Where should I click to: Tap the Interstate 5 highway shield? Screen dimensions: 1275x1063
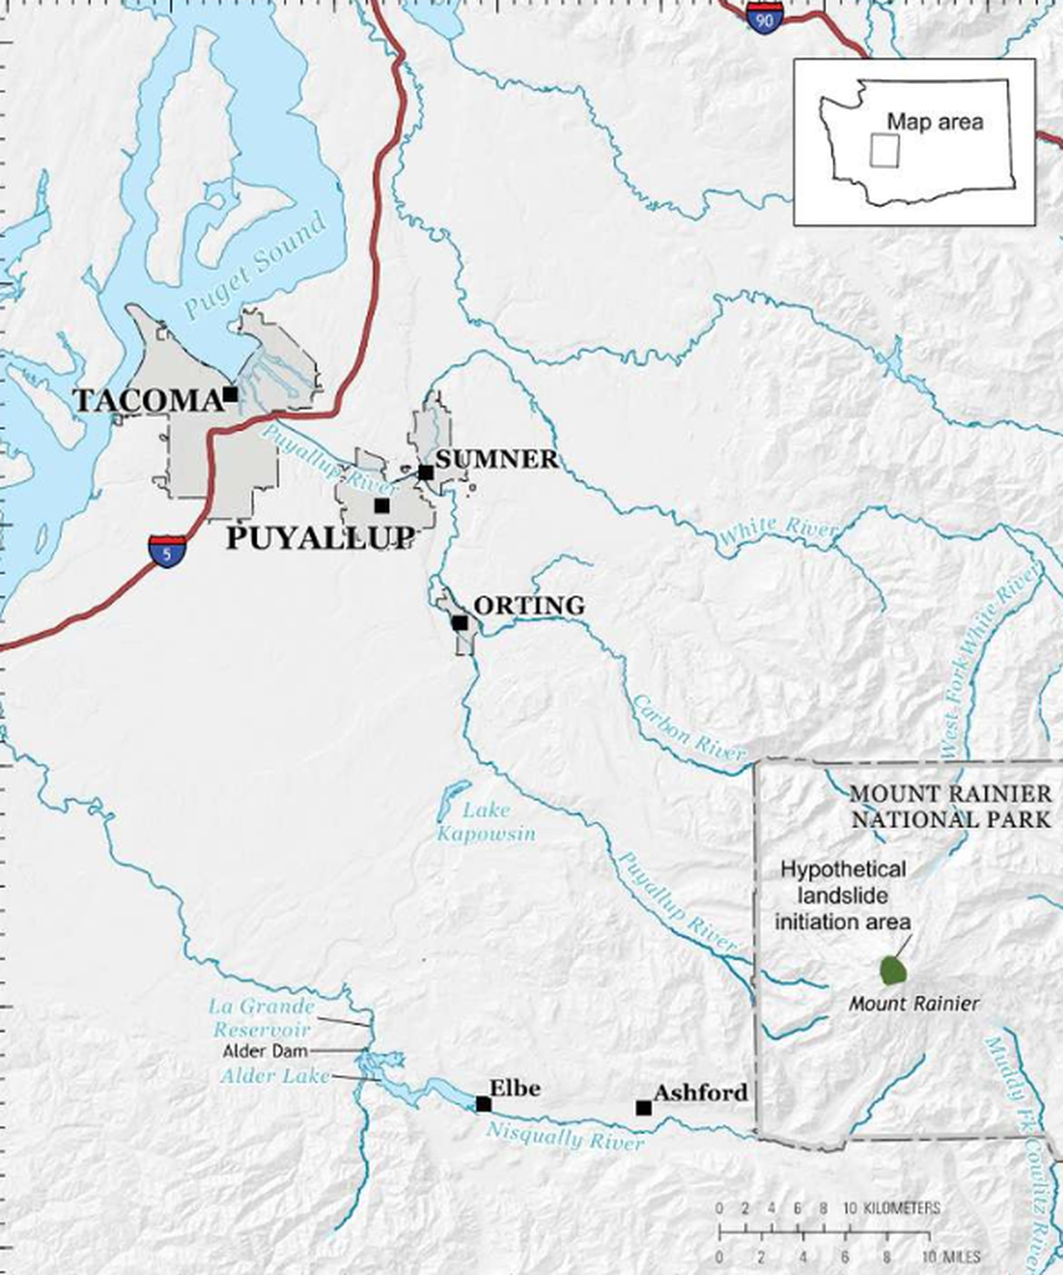[166, 550]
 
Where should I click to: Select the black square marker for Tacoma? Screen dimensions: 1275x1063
[230, 395]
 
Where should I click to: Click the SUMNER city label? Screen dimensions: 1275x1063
[496, 459]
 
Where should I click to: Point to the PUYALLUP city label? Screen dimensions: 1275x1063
[320, 538]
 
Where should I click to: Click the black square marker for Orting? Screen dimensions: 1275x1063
[460, 622]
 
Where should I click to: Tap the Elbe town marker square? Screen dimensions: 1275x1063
[483, 1104]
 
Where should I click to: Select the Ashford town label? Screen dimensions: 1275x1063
[700, 1092]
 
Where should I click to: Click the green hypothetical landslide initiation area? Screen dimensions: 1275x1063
[894, 970]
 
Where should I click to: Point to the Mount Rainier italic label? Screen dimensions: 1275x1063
[914, 1005]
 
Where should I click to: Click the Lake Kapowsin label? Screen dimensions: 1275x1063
[486, 822]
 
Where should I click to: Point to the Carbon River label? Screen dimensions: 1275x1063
[689, 728]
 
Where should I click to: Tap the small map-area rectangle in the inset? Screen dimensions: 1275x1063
[884, 151]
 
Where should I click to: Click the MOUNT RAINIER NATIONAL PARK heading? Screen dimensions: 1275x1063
[951, 807]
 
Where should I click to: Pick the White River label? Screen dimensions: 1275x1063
[780, 530]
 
